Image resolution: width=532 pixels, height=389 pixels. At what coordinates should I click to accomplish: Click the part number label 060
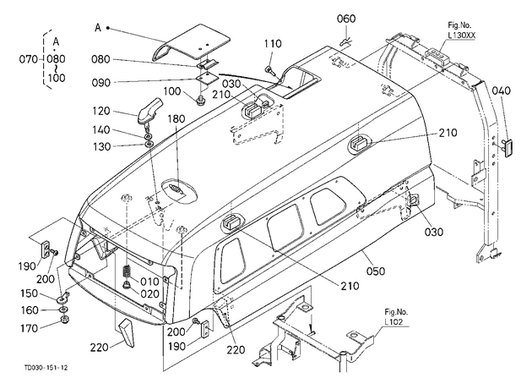pos(346,19)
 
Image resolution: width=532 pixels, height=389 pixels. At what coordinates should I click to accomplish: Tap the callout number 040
pos(501,91)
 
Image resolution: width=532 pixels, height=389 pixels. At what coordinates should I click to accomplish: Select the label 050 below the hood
pos(376,271)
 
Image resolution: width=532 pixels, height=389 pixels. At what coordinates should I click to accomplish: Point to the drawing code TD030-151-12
pos(46,368)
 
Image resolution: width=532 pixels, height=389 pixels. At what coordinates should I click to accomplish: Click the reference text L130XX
pos(461,35)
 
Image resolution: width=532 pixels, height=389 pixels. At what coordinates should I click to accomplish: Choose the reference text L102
pos(394,321)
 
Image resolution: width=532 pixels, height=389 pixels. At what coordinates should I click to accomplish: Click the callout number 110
pos(273,44)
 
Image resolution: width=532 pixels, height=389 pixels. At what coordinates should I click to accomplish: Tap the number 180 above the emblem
pos(176,119)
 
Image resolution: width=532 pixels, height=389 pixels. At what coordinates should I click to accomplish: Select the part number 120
pos(101,111)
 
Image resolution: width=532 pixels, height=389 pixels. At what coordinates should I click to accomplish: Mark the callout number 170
pos(29,328)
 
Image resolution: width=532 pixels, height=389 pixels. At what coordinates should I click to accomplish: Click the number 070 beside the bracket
pos(29,59)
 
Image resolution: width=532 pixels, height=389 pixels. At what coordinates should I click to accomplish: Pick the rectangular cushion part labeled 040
pos(507,147)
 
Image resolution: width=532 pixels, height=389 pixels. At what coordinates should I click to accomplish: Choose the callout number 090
pos(101,83)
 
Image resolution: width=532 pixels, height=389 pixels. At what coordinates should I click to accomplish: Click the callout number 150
pos(30,293)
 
